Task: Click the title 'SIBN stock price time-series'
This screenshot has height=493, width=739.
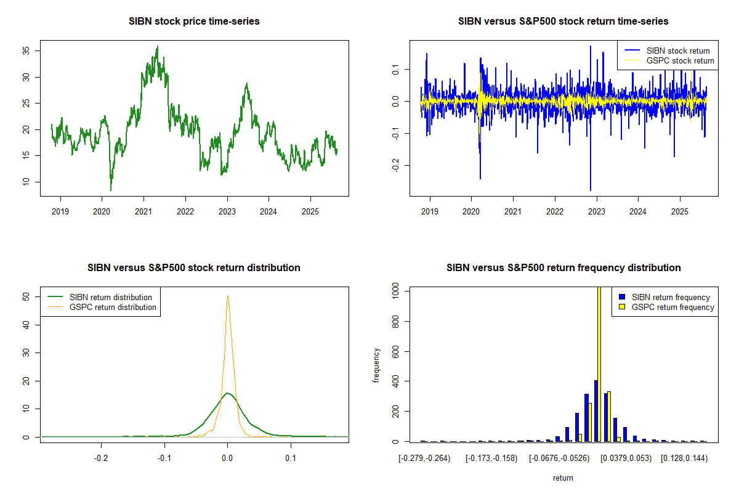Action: click(194, 21)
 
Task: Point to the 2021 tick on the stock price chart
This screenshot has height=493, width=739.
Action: click(143, 212)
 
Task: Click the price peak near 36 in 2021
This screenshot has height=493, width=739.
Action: click(158, 46)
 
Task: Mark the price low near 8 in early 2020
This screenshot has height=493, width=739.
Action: click(111, 190)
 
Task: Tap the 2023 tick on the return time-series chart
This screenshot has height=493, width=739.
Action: click(596, 212)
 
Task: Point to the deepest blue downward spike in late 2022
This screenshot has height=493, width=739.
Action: click(590, 190)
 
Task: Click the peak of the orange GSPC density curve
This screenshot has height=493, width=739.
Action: click(228, 295)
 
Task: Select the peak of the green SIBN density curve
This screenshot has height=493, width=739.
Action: click(228, 393)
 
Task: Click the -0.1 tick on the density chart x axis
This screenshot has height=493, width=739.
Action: click(164, 458)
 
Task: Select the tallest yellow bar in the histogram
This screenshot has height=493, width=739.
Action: click(599, 364)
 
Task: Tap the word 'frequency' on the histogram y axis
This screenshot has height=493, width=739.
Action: click(376, 365)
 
